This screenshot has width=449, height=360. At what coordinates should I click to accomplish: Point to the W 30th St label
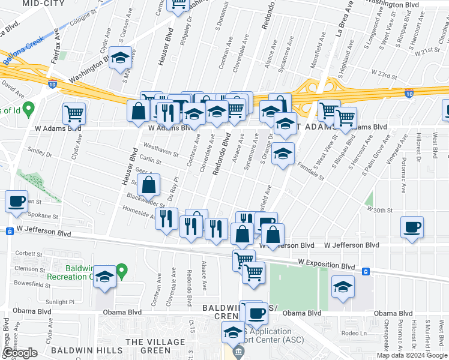380,211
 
